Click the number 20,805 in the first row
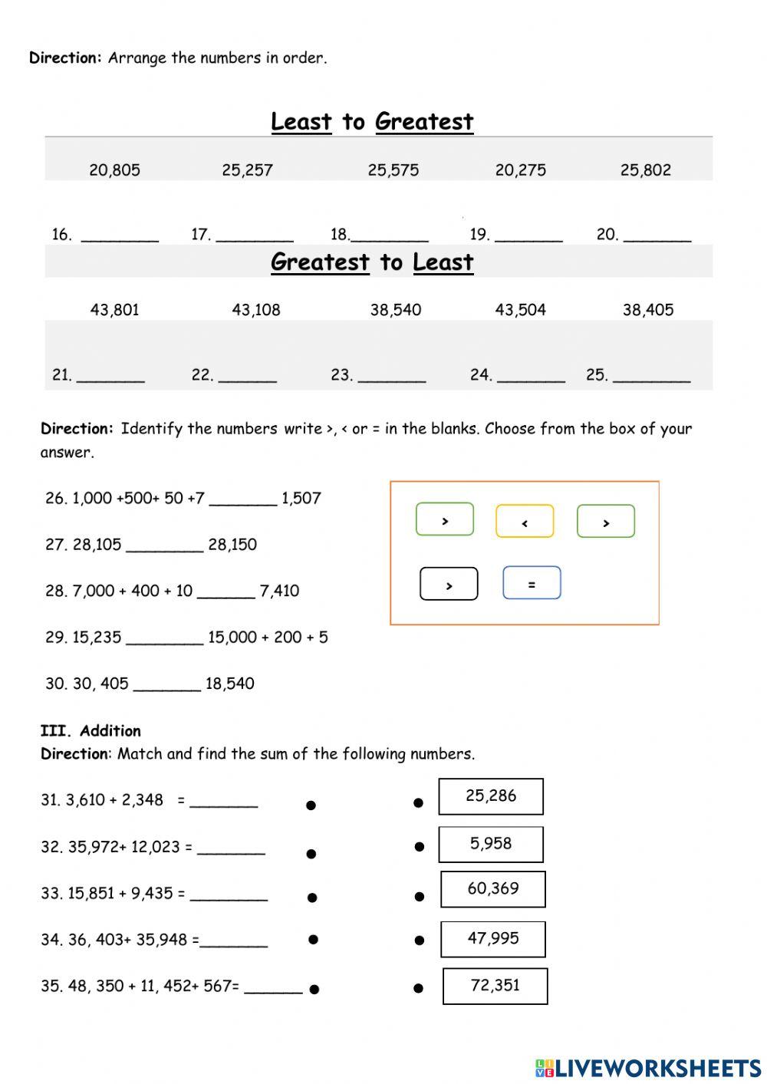114,170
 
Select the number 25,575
393,170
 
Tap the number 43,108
256,310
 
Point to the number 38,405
648,310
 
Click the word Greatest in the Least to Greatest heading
424,122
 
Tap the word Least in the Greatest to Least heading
443,262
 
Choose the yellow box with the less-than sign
525,522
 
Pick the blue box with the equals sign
532,583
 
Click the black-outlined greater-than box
449,585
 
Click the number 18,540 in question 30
229,684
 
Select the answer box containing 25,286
491,796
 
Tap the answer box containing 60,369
493,889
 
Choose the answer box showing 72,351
495,986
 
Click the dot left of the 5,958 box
420,847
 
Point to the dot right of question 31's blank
311,805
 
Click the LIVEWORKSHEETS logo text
657,1067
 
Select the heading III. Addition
91,730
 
